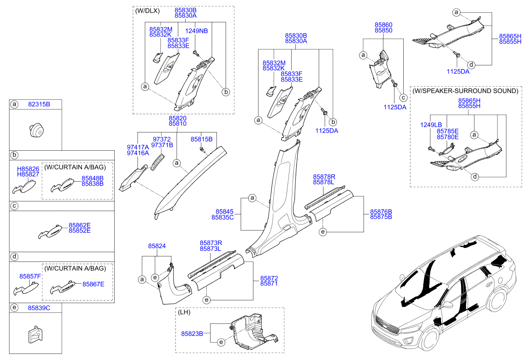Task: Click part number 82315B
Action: point(39,104)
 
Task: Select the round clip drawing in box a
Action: point(37,130)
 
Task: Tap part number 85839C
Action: point(39,308)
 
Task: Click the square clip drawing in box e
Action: point(36,335)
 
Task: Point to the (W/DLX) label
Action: point(147,11)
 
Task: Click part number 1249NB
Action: point(196,31)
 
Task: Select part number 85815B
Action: point(202,139)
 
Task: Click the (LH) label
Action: point(184,312)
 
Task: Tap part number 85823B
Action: point(192,334)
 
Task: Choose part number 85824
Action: point(157,246)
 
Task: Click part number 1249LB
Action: point(431,125)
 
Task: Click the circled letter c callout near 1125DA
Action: point(403,98)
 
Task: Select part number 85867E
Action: point(93,284)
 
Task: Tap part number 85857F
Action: point(30,276)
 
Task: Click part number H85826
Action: point(28,169)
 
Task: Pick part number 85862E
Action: point(80,225)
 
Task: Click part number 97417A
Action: point(138,147)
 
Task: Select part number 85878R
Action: point(324,177)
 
